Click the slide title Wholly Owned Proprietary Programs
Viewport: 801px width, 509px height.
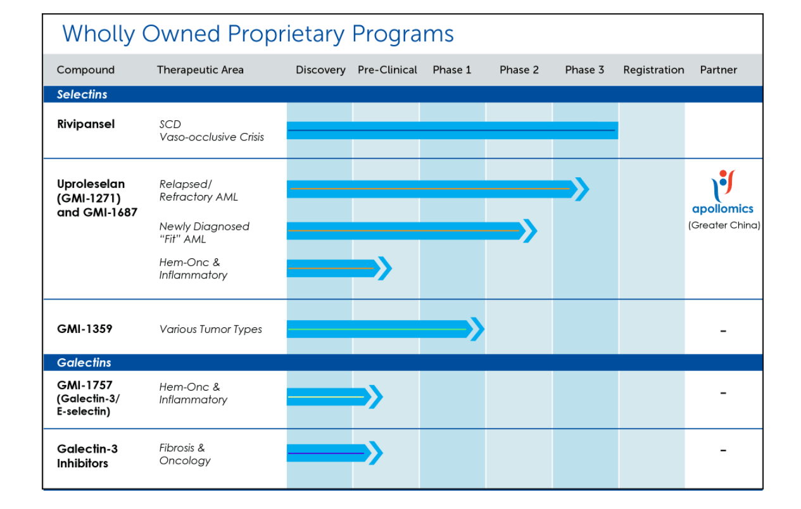click(258, 34)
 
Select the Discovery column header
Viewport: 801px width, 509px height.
click(320, 70)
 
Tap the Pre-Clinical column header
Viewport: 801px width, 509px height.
click(388, 70)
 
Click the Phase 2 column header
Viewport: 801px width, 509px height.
click(519, 70)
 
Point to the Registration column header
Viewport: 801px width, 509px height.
click(653, 70)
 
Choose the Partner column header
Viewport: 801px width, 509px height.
click(719, 70)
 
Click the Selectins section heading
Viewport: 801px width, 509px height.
click(82, 94)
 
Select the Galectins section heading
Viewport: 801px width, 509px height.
click(84, 363)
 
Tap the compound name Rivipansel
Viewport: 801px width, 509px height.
click(86, 124)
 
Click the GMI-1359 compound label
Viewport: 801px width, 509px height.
click(85, 329)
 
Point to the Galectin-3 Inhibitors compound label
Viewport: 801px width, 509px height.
click(87, 456)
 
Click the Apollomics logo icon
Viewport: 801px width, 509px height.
click(722, 186)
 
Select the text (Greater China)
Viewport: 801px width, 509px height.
click(724, 225)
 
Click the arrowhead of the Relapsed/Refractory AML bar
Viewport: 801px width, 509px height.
click(582, 189)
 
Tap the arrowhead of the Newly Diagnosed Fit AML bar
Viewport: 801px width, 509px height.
click(530, 231)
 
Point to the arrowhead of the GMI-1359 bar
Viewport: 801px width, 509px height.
click(477, 329)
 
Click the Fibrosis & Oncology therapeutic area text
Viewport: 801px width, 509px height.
click(185, 454)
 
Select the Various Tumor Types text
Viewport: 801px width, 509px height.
click(211, 329)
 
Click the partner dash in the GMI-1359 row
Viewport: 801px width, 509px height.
click(723, 331)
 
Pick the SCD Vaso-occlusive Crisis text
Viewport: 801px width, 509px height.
click(211, 130)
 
